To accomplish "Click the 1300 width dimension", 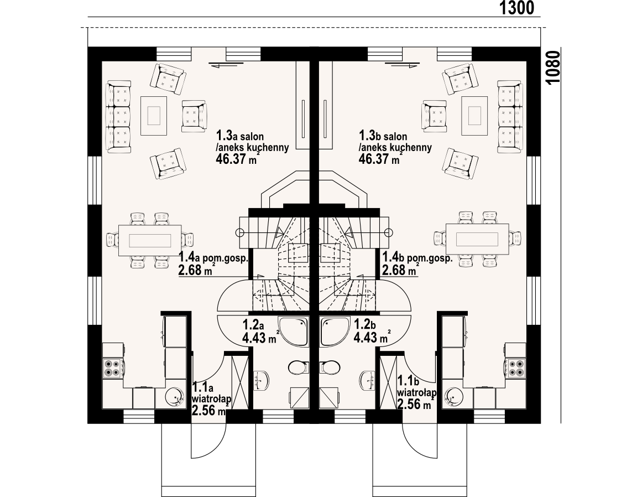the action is tap(516, 8).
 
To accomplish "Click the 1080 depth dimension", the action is tap(553, 68).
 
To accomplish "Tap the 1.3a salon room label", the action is tap(240, 136).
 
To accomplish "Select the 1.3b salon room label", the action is tap(383, 136).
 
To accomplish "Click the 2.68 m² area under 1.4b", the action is tap(401, 270).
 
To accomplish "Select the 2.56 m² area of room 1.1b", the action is tap(415, 405).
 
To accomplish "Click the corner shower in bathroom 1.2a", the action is tap(293, 331).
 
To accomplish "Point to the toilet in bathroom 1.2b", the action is tap(331, 367).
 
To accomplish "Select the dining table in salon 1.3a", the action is tap(150, 240).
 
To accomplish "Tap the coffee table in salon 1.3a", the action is tap(154, 116).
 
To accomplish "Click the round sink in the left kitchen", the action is tap(175, 397).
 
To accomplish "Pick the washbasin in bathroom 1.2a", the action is tap(262, 380).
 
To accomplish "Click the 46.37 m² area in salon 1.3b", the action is tap(379, 158).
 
